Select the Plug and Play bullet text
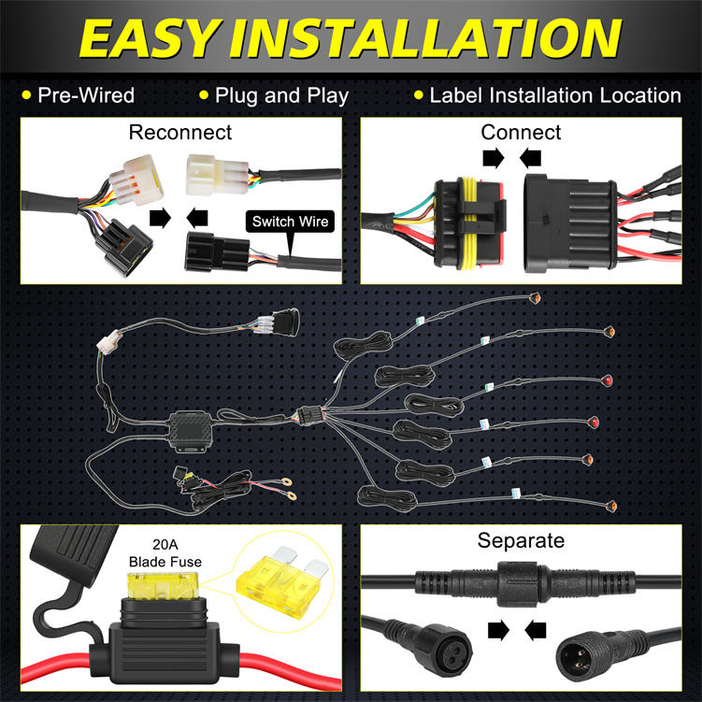281,95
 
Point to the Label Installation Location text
555,95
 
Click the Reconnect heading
180,133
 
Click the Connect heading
521,133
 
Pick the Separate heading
521,540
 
